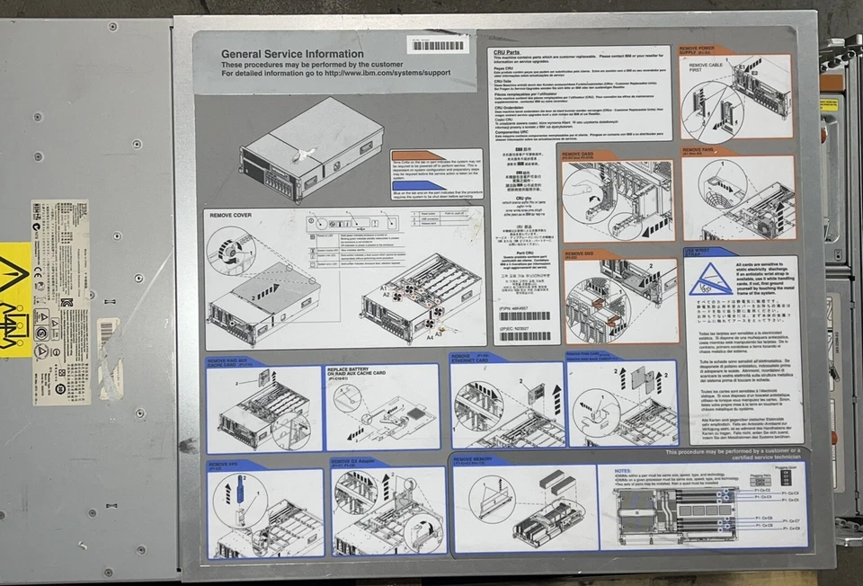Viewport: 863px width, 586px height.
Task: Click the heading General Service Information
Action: (x=280, y=54)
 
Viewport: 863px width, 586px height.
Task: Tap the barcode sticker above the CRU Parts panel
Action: (x=437, y=44)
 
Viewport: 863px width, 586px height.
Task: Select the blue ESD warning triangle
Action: (x=708, y=280)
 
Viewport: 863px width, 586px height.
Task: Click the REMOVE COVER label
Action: (x=231, y=216)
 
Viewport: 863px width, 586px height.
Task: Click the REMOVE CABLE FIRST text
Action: (x=707, y=68)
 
